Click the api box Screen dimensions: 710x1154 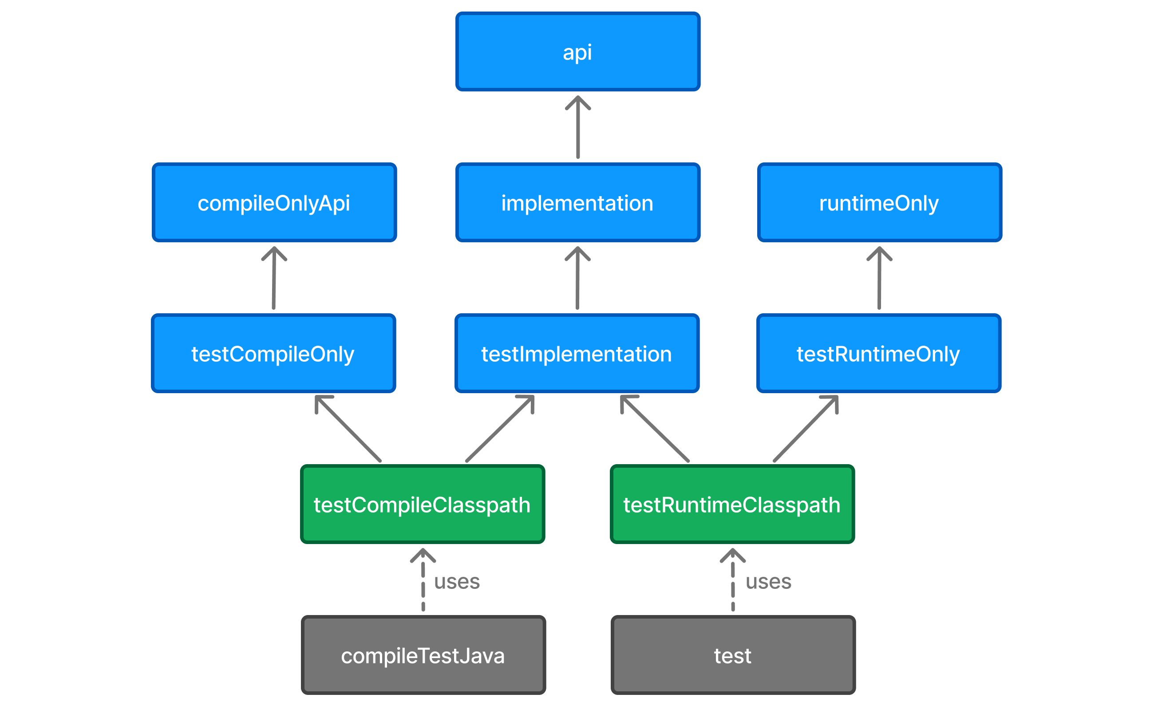pyautogui.click(x=577, y=51)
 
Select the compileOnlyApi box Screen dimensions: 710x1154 pyautogui.click(x=274, y=202)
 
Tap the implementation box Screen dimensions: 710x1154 pyautogui.click(x=577, y=202)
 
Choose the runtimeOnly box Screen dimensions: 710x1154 pyautogui.click(x=879, y=202)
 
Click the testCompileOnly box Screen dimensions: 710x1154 pyautogui.click(x=273, y=353)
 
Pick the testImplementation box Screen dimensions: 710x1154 pyautogui.click(x=577, y=353)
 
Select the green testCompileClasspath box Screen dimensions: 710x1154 pyautogui.click(x=422, y=505)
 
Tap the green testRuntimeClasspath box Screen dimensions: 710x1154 pyautogui.click(x=732, y=505)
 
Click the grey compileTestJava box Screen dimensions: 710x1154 pyautogui.click(x=423, y=655)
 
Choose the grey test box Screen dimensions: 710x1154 pyautogui.click(x=733, y=655)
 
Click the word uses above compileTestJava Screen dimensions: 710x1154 pyautogui.click(x=457, y=581)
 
